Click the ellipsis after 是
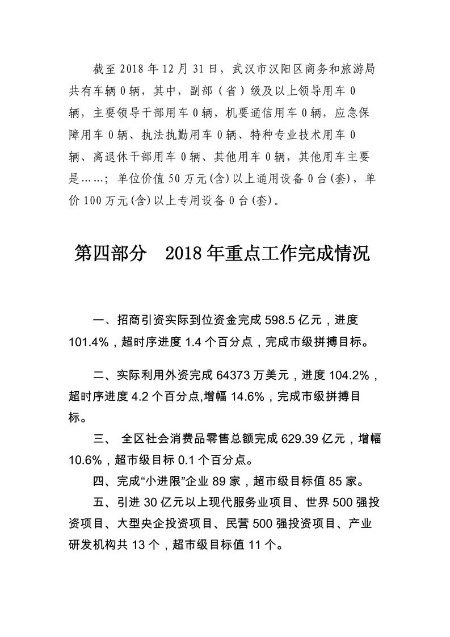point(91,179)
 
